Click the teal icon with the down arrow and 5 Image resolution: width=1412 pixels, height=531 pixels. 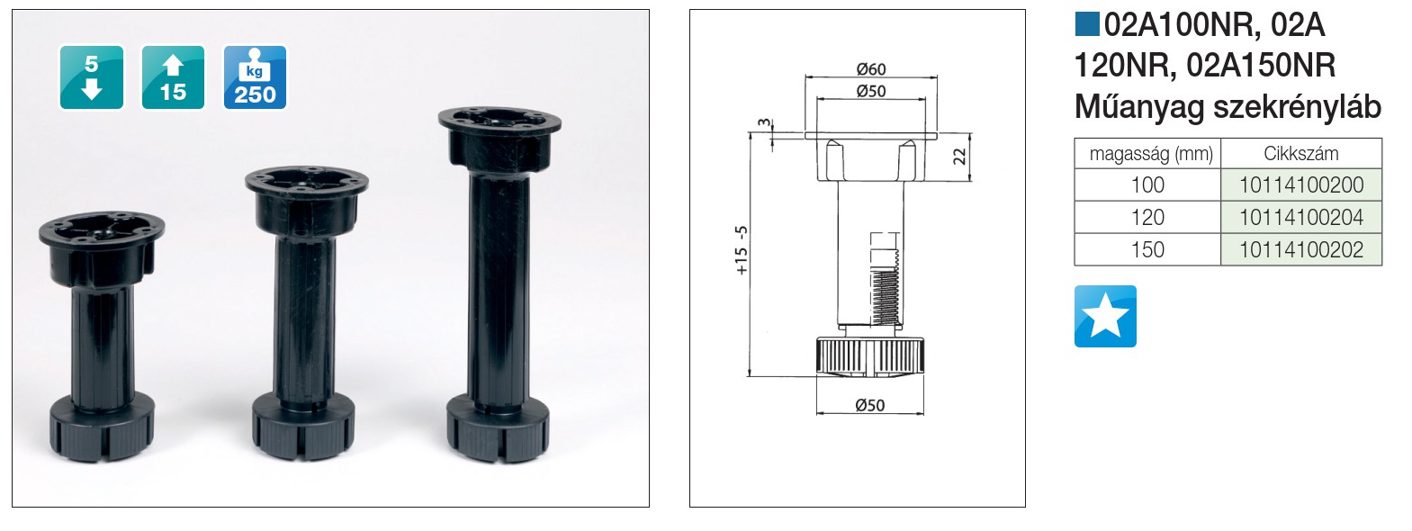click(x=92, y=77)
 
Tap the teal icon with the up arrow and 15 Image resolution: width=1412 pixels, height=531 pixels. click(x=174, y=77)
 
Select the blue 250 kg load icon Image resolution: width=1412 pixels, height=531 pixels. click(x=256, y=77)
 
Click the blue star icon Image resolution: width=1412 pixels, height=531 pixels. click(x=1105, y=316)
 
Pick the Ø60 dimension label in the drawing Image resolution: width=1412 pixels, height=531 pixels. click(x=871, y=68)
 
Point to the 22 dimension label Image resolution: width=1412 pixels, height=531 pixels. click(x=958, y=157)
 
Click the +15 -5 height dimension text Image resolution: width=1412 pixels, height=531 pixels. click(x=742, y=250)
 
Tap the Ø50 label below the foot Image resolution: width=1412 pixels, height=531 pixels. click(x=870, y=405)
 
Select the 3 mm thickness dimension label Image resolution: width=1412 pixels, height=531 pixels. click(x=764, y=122)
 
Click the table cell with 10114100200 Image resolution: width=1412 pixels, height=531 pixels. click(x=1301, y=184)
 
